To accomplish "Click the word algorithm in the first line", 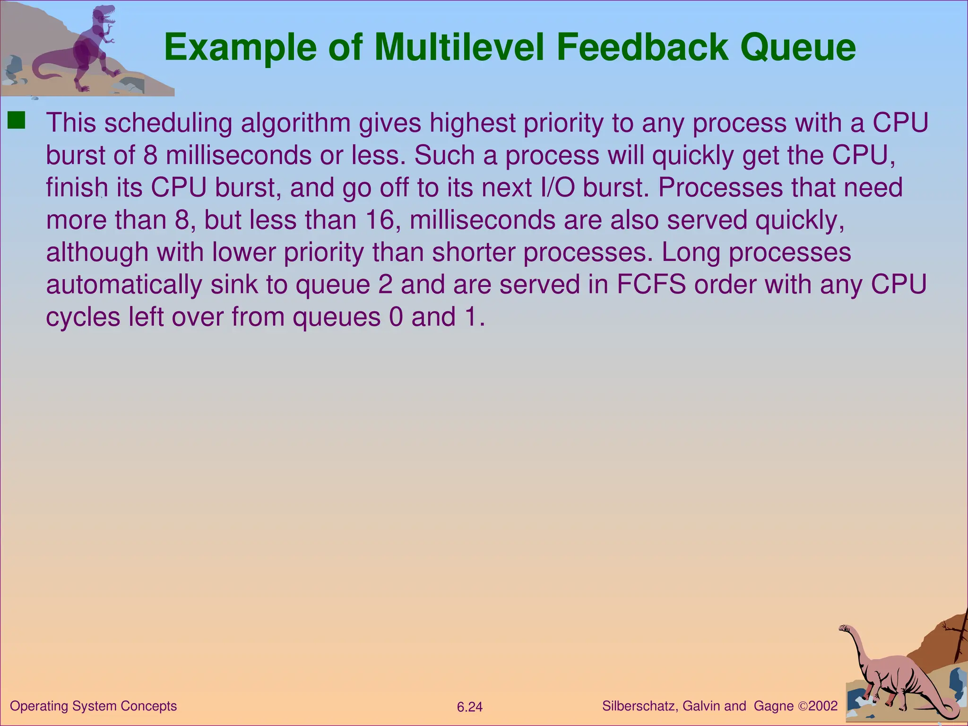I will click(x=295, y=123).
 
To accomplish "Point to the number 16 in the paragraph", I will click(x=380, y=220).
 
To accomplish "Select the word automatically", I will click(x=124, y=285).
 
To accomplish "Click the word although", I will click(x=97, y=252).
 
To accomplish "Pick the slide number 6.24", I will click(x=469, y=707).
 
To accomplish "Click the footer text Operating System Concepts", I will click(x=93, y=706).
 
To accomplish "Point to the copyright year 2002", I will click(x=823, y=706).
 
